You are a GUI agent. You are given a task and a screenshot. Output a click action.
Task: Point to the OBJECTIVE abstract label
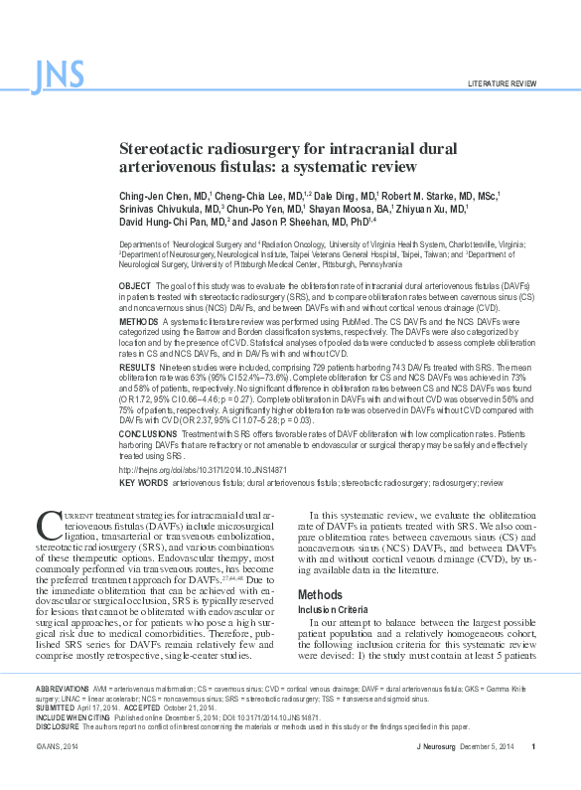pyautogui.click(x=135, y=285)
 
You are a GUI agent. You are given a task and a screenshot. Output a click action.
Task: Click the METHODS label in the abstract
pyautogui.click(x=138, y=321)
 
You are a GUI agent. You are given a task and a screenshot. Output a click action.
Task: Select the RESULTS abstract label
pyautogui.click(x=137, y=366)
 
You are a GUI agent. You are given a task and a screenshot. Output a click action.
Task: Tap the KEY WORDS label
pyautogui.click(x=143, y=481)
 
